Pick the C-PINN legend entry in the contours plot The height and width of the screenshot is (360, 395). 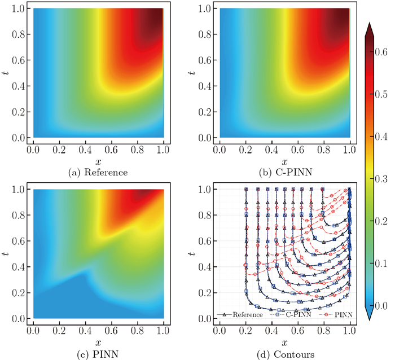click(292, 314)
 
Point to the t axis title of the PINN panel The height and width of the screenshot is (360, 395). click(7, 254)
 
